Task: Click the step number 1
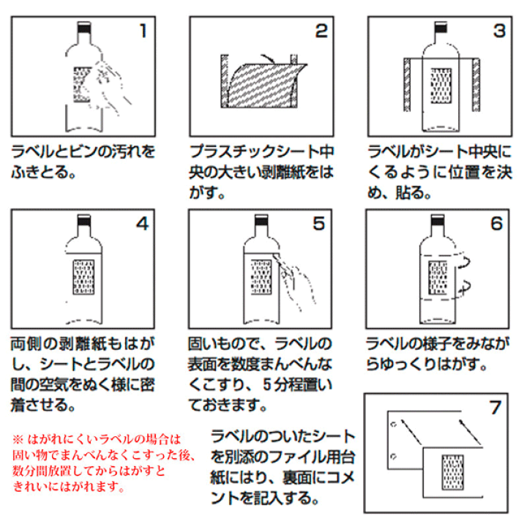coord(143,31)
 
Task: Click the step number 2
coord(321,31)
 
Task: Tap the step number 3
coord(499,31)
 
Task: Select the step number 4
coord(143,223)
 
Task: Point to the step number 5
coord(319,223)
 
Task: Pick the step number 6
coord(496,223)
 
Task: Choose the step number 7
coord(496,408)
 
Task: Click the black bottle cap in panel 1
coord(84,28)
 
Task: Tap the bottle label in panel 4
coord(83,277)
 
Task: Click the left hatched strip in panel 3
coord(407,85)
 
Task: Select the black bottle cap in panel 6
coord(438,220)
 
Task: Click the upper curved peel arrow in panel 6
coord(464,262)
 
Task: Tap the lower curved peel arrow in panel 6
coord(466,288)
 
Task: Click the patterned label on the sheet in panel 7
coord(452,472)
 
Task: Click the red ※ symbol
coord(18,439)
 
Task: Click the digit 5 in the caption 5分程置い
coord(267,385)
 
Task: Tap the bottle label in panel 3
coord(441,86)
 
